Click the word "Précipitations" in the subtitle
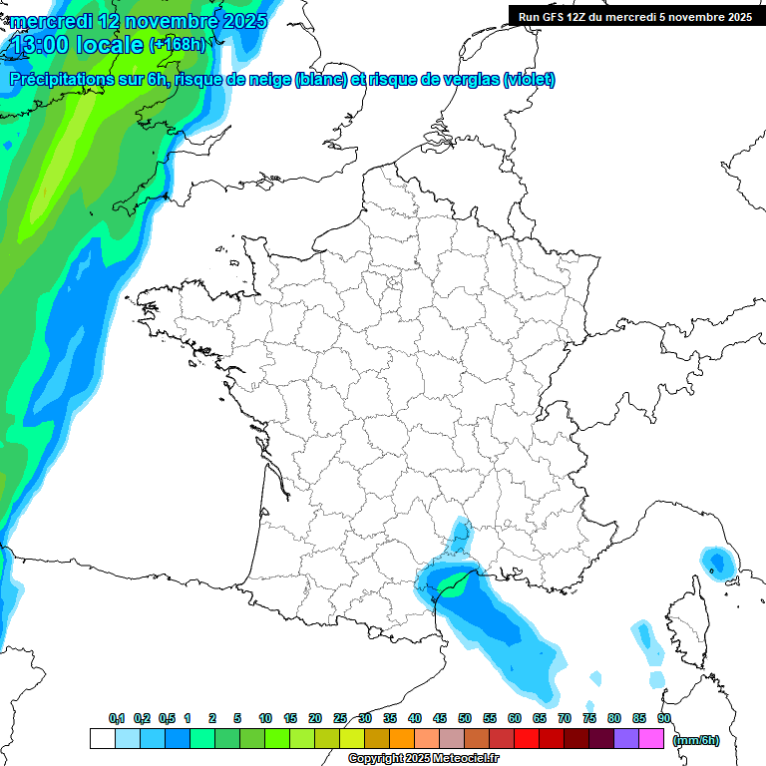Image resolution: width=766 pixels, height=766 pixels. tap(60, 80)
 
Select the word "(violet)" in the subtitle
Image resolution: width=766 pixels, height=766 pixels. tap(529, 80)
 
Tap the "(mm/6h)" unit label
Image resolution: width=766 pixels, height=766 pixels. tap(695, 739)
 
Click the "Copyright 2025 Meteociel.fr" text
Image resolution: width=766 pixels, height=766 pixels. tap(423, 759)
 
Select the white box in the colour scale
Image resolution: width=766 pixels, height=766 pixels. tap(102, 738)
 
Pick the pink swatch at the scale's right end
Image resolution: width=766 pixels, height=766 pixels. tap(651, 738)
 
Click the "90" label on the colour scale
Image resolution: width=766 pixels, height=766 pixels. tap(664, 718)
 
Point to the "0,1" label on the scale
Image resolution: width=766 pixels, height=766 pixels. tap(116, 718)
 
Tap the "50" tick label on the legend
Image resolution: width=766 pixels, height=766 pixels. tap(465, 718)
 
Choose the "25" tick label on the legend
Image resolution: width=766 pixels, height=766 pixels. tap(340, 718)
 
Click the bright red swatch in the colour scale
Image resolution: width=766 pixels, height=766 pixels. tap(527, 738)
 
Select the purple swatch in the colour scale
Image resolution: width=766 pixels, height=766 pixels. tap(626, 738)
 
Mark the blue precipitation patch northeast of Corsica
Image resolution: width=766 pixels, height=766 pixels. tap(716, 563)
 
